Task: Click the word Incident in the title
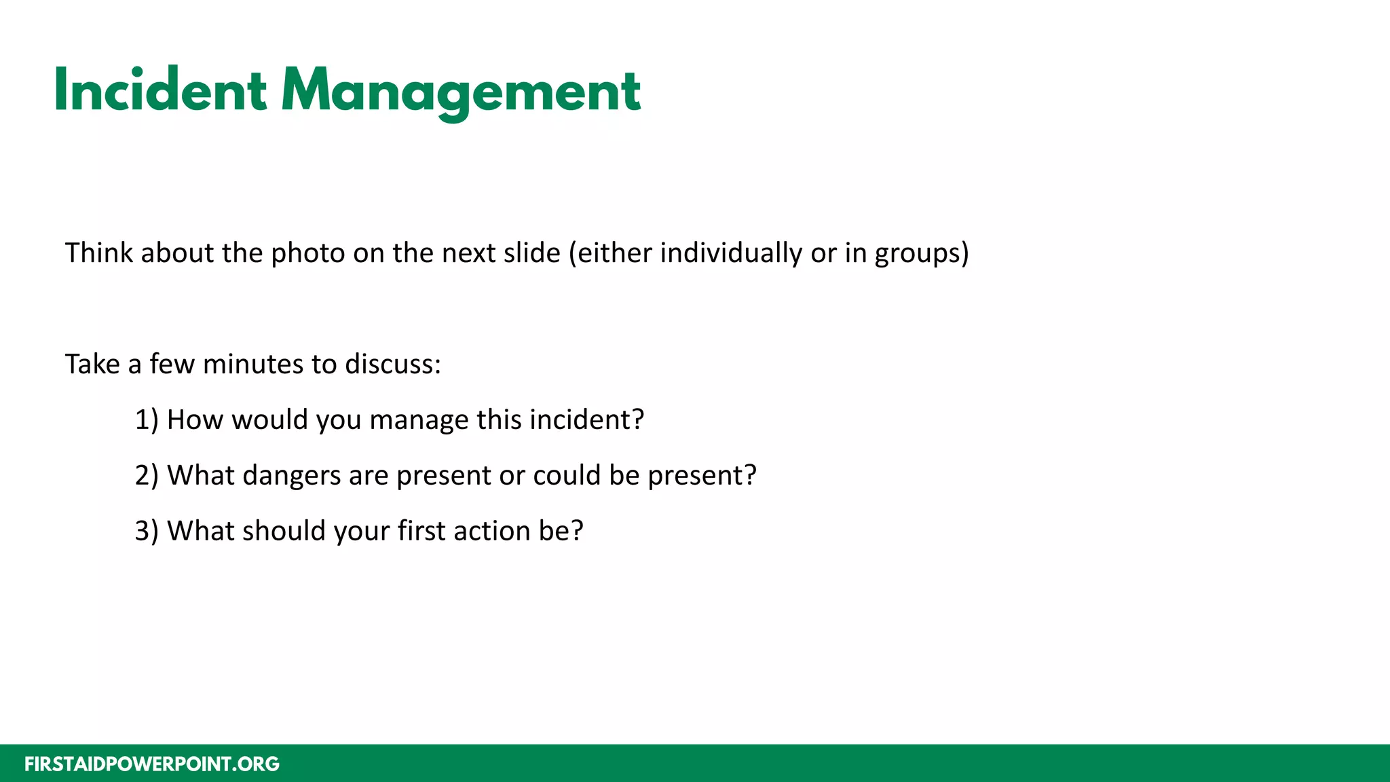point(160,90)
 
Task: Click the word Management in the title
point(461,92)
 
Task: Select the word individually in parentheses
point(731,253)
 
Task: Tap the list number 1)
point(147,420)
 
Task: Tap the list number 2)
point(147,476)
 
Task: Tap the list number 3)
point(147,532)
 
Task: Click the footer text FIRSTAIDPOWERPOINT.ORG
point(152,764)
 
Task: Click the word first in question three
point(421,532)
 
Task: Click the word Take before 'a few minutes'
point(92,365)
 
